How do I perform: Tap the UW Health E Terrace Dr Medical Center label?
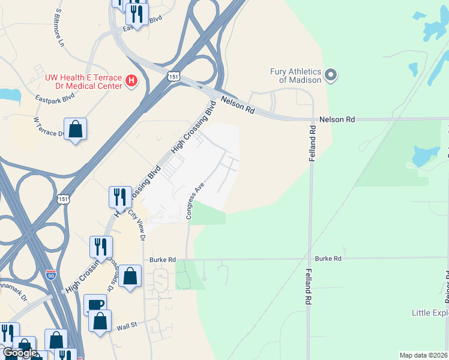pos(84,81)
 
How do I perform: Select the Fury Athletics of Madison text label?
pos(295,76)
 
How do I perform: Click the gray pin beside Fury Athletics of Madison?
pos(330,76)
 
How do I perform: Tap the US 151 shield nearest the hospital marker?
pos(172,76)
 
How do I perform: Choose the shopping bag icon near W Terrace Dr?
pos(75,129)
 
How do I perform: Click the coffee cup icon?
pos(95,304)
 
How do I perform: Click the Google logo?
pos(20,353)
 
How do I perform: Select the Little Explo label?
pos(430,313)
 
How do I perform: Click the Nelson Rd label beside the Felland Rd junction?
pos(337,119)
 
